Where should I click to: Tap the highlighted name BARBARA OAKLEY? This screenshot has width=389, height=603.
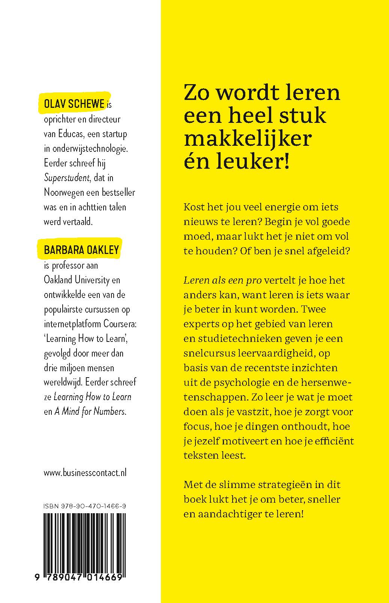click(x=81, y=250)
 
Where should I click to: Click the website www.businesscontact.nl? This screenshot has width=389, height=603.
click(x=85, y=473)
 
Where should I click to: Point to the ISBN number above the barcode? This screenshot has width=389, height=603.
click(x=85, y=506)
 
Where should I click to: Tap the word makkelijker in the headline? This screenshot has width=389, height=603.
click(x=248, y=139)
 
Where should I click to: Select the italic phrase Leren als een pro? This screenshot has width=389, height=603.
click(x=222, y=280)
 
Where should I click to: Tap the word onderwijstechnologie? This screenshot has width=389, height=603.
click(x=86, y=148)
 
